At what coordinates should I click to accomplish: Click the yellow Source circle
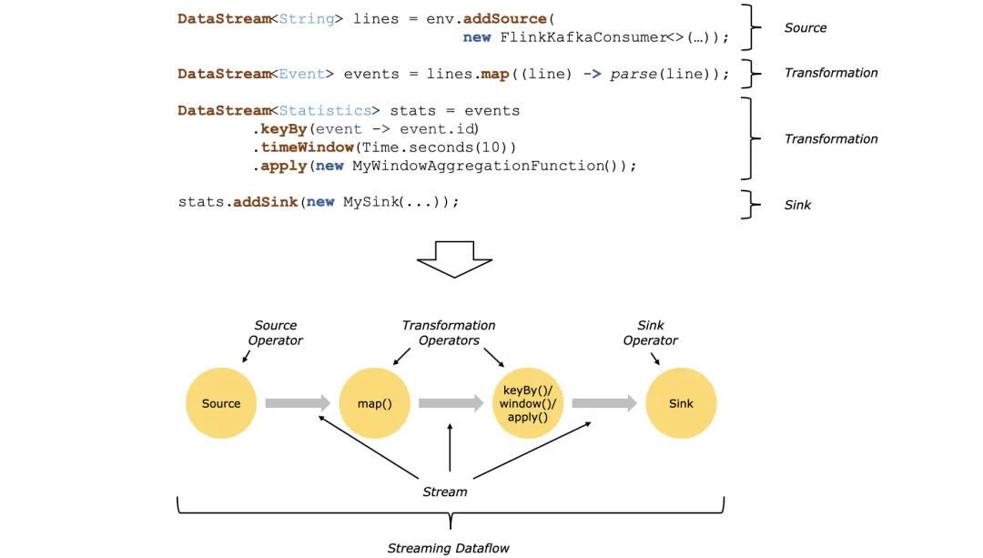click(221, 403)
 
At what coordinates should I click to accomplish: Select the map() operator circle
click(374, 403)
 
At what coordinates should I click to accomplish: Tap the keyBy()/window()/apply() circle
click(528, 403)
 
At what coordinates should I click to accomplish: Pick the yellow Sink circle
click(681, 403)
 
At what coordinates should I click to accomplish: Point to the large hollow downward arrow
click(454, 259)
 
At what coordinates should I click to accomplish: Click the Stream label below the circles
click(445, 492)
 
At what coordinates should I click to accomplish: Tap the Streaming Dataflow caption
click(449, 548)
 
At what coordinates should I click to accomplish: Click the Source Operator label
click(275, 332)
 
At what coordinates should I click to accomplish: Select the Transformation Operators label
click(449, 332)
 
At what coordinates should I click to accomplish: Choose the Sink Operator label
click(651, 332)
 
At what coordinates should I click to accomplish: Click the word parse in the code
click(633, 74)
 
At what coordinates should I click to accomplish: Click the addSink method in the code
click(266, 202)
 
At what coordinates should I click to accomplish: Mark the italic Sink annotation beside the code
click(797, 205)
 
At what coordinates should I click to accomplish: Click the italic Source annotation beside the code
click(806, 28)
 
